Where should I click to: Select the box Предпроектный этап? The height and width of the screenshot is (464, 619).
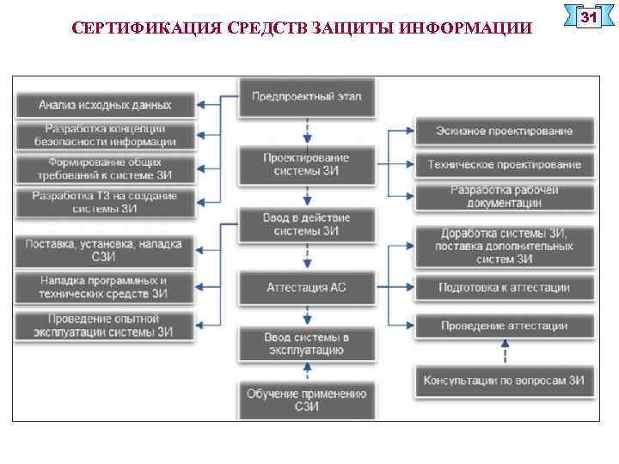[306, 96]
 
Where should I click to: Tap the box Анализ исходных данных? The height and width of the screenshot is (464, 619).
[105, 105]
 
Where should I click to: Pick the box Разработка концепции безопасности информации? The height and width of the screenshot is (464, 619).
[105, 135]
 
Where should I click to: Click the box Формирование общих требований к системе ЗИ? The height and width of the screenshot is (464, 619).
[105, 168]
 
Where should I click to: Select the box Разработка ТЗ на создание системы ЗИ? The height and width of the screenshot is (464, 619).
[105, 201]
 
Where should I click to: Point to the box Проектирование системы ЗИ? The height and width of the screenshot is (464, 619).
[306, 163]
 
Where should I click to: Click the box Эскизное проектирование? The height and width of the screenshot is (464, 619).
[504, 131]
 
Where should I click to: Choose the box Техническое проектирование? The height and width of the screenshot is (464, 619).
[504, 164]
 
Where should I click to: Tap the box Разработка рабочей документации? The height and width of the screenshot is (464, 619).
[504, 197]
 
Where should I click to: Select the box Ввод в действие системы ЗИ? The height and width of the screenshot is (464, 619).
[306, 224]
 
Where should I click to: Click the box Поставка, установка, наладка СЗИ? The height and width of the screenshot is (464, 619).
[105, 250]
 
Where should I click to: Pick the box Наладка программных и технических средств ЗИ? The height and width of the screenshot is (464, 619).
[105, 287]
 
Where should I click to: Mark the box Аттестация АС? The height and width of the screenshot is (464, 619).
[306, 287]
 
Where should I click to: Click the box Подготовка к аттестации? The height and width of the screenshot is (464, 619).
[504, 287]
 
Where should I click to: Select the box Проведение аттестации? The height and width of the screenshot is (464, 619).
[504, 326]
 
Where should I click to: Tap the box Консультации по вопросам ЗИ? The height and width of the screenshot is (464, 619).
[504, 380]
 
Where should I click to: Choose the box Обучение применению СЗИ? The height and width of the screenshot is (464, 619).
[306, 400]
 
